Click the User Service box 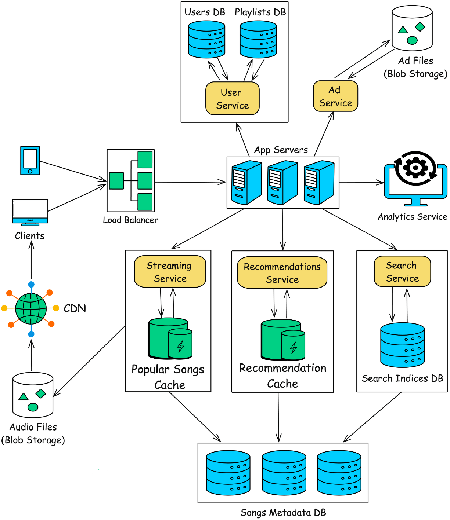click(233, 98)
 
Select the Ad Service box click(335, 96)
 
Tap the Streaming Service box click(170, 271)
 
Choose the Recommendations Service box click(282, 272)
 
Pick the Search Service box click(402, 271)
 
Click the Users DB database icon click(206, 39)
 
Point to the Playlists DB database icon click(258, 39)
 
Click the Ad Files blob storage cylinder click(412, 28)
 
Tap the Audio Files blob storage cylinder click(33, 395)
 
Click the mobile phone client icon click(30, 161)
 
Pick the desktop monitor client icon click(30, 212)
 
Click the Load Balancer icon click(131, 180)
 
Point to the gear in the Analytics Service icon click(415, 168)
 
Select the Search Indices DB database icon click(403, 345)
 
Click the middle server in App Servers click(282, 183)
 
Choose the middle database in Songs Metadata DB click(284, 473)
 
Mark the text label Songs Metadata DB click(283, 512)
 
